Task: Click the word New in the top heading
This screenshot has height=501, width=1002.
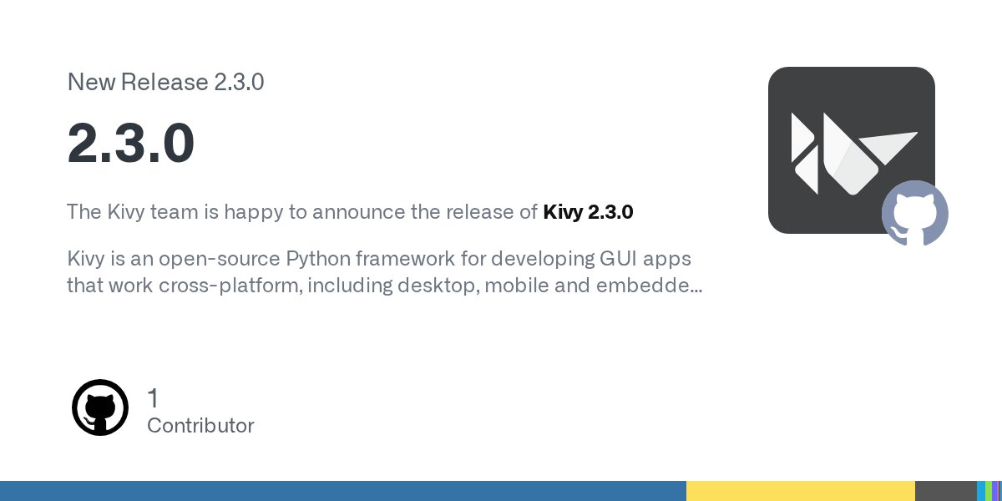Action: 90,82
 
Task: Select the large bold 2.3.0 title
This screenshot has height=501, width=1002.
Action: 131,143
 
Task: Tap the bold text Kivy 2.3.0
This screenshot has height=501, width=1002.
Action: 588,212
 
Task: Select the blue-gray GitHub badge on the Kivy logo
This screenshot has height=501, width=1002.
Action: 915,213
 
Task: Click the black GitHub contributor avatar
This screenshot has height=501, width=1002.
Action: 100,407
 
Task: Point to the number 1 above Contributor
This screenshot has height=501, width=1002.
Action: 153,398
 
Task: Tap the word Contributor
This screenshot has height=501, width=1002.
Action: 200,426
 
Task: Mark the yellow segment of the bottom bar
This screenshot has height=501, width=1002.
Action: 800,491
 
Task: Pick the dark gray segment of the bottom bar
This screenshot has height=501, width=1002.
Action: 945,491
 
